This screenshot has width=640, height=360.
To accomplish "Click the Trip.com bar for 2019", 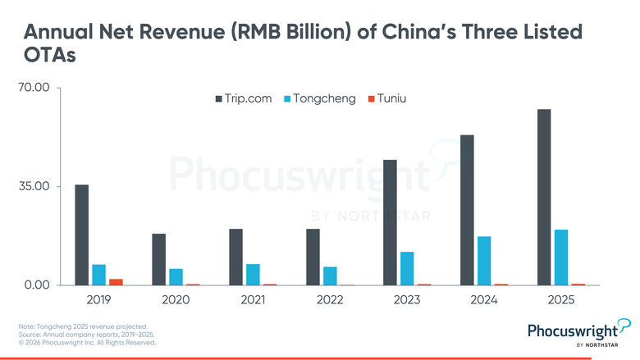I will click(x=81, y=235).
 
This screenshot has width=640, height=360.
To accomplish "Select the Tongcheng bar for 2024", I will click(x=484, y=261).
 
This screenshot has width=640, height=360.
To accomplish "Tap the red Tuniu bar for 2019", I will click(x=116, y=281).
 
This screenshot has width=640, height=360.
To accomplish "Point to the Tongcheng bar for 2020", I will click(x=176, y=276).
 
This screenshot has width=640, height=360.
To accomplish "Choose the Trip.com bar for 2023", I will click(x=390, y=222).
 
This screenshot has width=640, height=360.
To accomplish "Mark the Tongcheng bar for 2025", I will click(x=561, y=257).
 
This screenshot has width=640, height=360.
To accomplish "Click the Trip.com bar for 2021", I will click(x=235, y=257).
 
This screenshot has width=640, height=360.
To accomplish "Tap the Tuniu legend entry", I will click(x=388, y=98).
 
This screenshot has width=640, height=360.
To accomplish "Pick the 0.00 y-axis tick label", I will click(x=36, y=285).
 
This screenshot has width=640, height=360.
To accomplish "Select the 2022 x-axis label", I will click(x=330, y=300).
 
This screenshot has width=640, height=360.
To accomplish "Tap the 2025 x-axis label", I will click(x=561, y=300).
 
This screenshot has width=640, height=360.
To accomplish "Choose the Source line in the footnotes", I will click(x=86, y=335).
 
